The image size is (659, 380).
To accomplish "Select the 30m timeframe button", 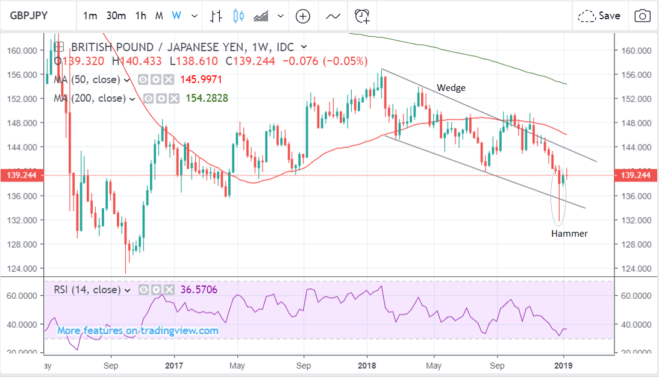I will point(116,16).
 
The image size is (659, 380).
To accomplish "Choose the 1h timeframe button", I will point(140,16).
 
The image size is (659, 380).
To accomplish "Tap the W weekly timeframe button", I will point(176,16).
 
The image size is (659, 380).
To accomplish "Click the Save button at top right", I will point(599,16).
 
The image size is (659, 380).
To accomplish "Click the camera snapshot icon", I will point(643,16).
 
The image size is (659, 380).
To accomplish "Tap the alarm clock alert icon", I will point(362,16).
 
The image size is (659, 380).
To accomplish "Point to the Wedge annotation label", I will point(451,88).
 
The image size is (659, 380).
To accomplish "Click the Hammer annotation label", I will point(569,233).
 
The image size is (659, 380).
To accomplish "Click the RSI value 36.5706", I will point(198,290).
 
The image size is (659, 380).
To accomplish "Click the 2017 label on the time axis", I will point(173,365).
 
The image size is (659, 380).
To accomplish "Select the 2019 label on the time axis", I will point(563,365).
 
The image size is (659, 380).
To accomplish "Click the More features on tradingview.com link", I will point(138,331).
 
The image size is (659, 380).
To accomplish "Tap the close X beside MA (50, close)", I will point(169,79).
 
